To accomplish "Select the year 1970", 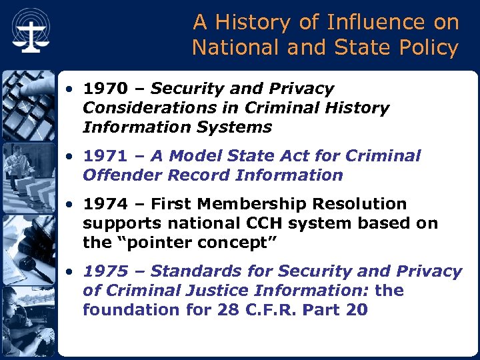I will [x=105, y=89].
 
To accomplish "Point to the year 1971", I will [x=105, y=157].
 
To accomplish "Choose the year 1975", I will [x=107, y=272].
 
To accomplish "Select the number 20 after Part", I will [x=357, y=311].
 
